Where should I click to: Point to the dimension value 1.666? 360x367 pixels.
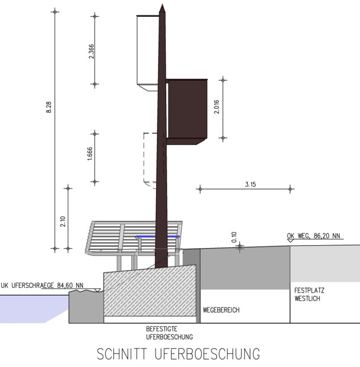(90, 156)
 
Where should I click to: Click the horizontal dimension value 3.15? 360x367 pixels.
(250, 184)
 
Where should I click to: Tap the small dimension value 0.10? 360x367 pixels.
(233, 237)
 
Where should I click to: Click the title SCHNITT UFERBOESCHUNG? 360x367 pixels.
(179, 354)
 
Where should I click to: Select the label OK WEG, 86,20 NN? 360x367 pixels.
(313, 236)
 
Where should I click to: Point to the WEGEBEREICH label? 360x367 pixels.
(221, 310)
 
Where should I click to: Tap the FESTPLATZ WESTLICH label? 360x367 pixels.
(307, 294)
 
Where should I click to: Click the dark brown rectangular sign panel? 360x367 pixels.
(187, 109)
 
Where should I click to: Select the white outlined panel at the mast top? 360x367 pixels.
(147, 50)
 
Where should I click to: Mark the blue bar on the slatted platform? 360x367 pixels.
(157, 236)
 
